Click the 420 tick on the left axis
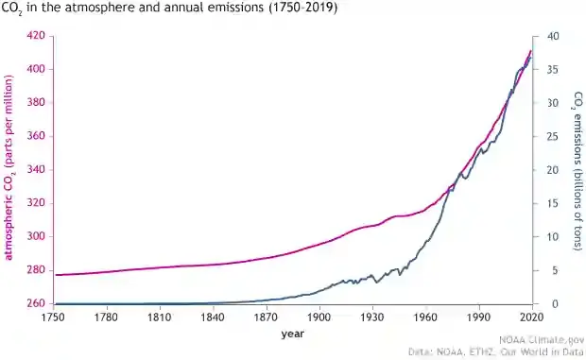[35, 36]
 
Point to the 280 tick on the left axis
[35, 270]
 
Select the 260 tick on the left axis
[35, 304]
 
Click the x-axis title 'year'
[292, 334]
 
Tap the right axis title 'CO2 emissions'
[577, 170]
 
